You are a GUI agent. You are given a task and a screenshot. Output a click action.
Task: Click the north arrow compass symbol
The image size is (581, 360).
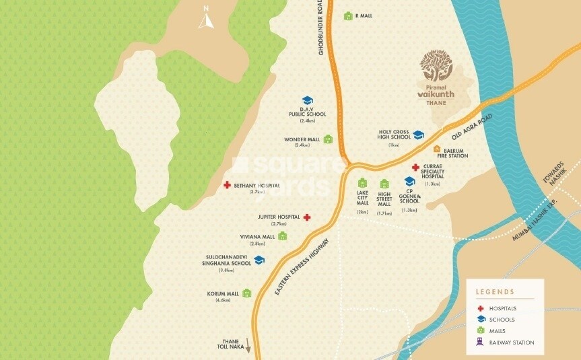click(205, 19)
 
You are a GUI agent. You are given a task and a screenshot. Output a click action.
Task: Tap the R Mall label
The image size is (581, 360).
click(364, 15)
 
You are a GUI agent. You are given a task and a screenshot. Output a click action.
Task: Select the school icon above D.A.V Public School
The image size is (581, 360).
click(307, 101)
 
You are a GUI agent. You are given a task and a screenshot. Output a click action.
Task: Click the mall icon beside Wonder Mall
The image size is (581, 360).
click(328, 140)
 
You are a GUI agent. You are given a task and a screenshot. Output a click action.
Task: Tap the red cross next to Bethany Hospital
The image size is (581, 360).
click(228, 184)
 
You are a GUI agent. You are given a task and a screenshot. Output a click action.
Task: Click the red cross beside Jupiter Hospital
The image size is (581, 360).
click(307, 217)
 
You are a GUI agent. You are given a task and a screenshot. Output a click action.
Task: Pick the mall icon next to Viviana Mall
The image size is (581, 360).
click(283, 236)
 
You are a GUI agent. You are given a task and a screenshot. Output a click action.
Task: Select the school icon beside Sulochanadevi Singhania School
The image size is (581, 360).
click(259, 260)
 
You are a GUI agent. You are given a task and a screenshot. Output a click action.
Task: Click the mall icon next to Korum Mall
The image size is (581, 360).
click(247, 293)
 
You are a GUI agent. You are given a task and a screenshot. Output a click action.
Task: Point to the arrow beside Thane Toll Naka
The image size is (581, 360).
click(248, 346)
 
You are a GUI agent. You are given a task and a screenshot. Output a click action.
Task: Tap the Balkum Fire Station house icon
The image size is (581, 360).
click(437, 149)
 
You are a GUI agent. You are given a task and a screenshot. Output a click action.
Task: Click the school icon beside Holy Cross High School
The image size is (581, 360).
click(418, 135)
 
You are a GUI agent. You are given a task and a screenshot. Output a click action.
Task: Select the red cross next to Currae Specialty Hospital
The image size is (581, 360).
click(416, 168)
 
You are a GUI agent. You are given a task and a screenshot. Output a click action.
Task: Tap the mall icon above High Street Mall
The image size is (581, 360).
click(384, 184)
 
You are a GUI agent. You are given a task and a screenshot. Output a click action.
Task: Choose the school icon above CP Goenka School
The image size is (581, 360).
click(409, 181)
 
